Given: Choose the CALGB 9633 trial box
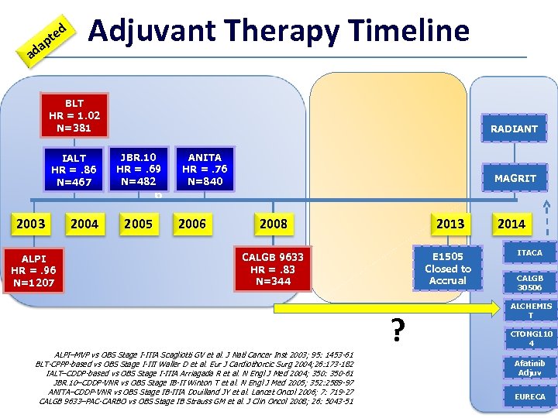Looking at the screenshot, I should pyautogui.click(x=272, y=268).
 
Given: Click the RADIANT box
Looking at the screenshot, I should pyautogui.click(x=513, y=128).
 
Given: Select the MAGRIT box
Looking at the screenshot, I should pyautogui.click(x=513, y=178).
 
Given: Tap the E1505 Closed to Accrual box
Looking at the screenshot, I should pyautogui.click(x=447, y=268).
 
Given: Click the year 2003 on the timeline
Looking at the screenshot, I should pyautogui.click(x=32, y=224).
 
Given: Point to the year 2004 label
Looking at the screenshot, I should pyautogui.click(x=84, y=224).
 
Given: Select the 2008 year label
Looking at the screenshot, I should pyautogui.click(x=273, y=224).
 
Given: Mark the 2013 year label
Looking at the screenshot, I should pyautogui.click(x=450, y=224).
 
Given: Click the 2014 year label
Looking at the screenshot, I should pyautogui.click(x=511, y=224).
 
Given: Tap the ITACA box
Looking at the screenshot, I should pyautogui.click(x=529, y=253).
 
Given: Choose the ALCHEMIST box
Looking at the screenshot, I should pyautogui.click(x=529, y=310).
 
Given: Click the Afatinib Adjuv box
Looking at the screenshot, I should pyautogui.click(x=529, y=367).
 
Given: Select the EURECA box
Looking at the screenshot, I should pyautogui.click(x=529, y=396).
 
